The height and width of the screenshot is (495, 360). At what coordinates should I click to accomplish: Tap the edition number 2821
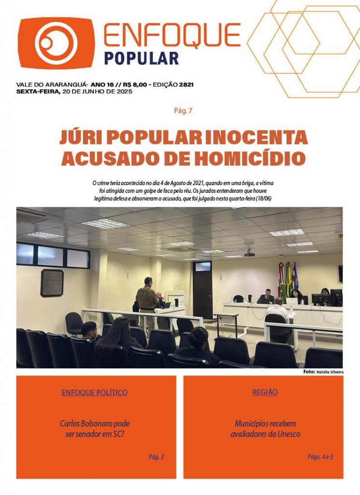[186, 85]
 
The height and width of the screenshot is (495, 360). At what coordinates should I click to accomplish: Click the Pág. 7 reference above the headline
[183, 111]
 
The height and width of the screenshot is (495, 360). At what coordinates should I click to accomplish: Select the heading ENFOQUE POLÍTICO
[95, 393]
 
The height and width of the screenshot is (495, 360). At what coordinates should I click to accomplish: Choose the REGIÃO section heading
[265, 392]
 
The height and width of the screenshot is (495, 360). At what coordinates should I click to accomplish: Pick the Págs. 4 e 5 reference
[320, 456]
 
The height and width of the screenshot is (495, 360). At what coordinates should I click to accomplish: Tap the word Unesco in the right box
[288, 434]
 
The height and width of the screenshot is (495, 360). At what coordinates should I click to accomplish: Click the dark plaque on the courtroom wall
[52, 283]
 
